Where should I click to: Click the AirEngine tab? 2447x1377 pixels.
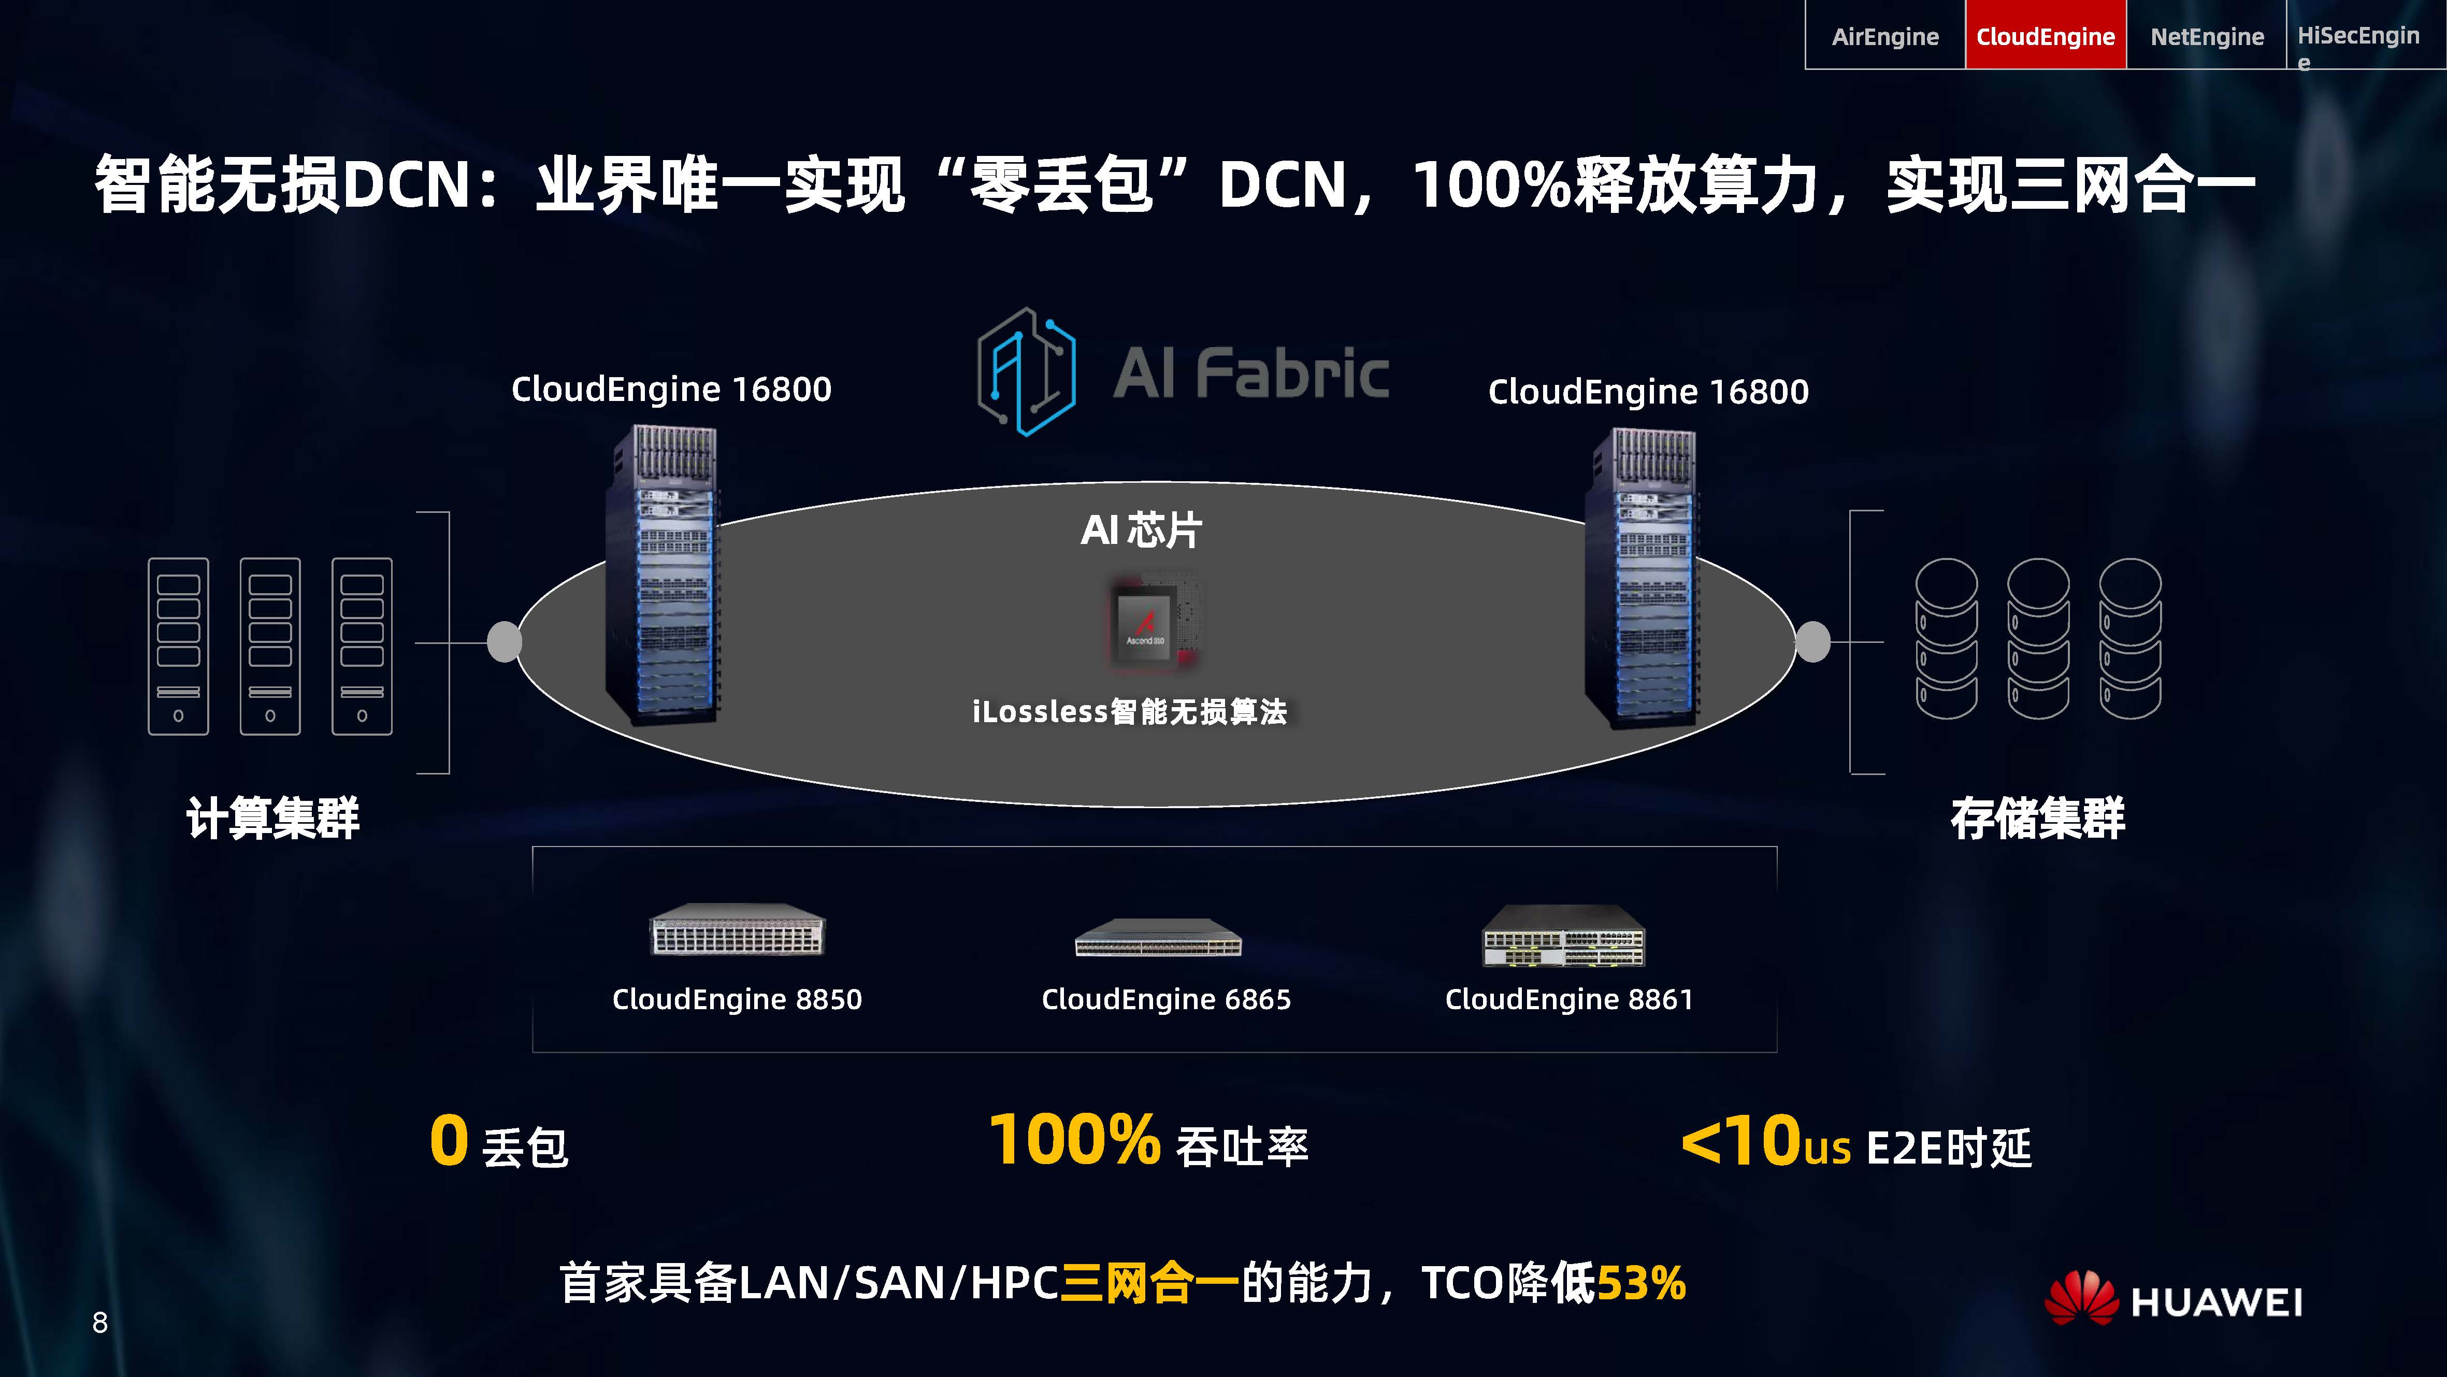tap(1884, 36)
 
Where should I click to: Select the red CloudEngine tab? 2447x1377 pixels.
tap(2045, 36)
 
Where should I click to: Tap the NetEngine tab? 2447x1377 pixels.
tap(2207, 36)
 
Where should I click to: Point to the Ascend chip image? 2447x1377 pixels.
tap(1152, 623)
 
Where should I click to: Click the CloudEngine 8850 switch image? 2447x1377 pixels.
tap(737, 929)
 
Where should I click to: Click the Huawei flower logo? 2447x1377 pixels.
tap(2080, 1298)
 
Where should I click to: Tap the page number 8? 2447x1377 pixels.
tap(100, 1322)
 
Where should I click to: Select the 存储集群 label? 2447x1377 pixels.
tap(2037, 818)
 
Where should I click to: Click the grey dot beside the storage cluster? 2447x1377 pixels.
tap(1812, 641)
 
